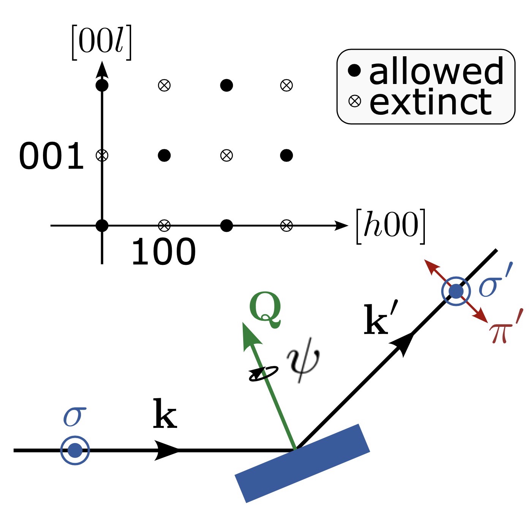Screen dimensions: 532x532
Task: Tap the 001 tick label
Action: tap(51, 156)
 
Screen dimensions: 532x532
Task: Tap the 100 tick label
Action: tap(163, 252)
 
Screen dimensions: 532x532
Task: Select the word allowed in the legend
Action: tap(436, 71)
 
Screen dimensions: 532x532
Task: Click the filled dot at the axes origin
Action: tap(102, 226)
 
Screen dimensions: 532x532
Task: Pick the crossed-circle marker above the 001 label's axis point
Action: tap(102, 155)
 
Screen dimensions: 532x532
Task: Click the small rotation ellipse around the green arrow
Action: tap(263, 373)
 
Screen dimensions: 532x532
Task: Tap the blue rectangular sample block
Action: tap(302, 463)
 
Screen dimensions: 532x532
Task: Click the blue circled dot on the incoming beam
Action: tap(75, 450)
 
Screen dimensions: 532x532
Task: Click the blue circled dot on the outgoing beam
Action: tap(456, 291)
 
